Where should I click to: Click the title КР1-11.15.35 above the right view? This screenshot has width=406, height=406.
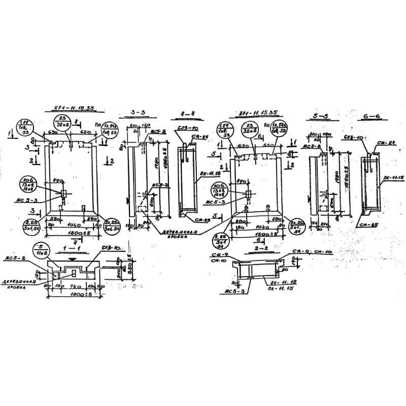pyautogui.click(x=258, y=113)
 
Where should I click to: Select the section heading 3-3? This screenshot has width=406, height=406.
pyautogui.click(x=139, y=111)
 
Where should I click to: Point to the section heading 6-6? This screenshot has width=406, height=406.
pyautogui.click(x=372, y=117)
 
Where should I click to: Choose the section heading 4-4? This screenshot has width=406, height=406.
pyautogui.click(x=188, y=113)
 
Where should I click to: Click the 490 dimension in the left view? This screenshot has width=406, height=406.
pyautogui.click(x=57, y=180)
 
